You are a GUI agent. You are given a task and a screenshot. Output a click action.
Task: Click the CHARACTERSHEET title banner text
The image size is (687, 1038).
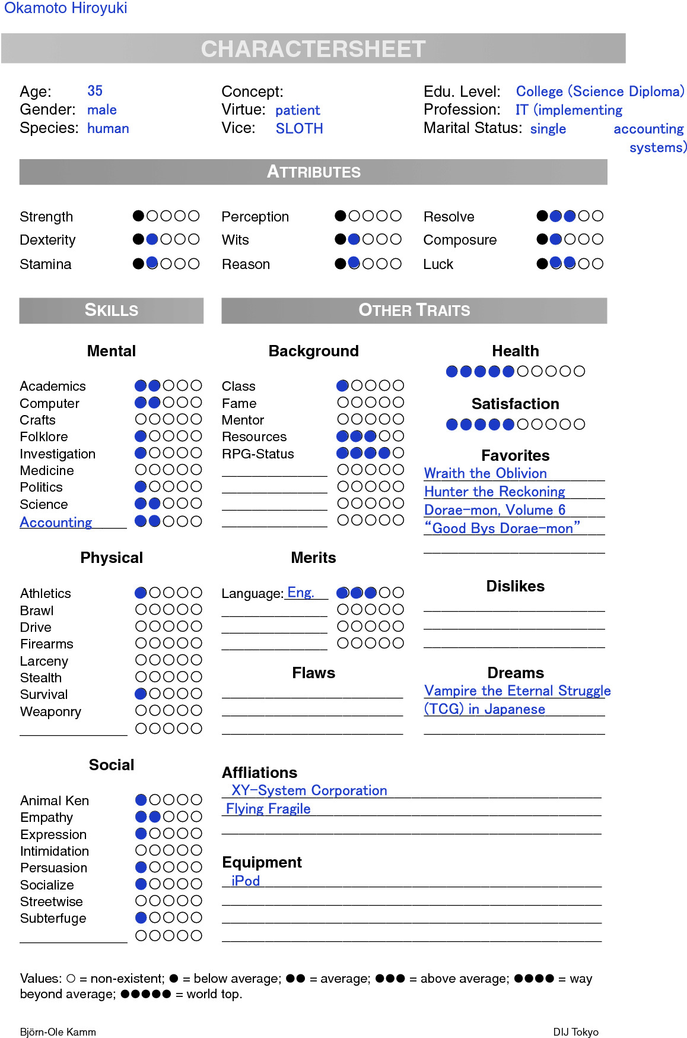pos(313,49)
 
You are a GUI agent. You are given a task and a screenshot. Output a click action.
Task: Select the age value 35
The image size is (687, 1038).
pos(95,91)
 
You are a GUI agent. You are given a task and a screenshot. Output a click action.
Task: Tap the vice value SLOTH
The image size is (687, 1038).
pos(299,128)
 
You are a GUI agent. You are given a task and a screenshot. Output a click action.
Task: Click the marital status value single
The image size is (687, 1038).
pos(548,129)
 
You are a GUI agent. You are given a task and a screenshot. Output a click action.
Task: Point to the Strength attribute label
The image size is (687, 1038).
pos(46,217)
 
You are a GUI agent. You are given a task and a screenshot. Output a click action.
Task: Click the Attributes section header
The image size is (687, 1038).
pos(313,172)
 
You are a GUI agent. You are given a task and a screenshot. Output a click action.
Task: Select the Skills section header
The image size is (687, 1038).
pos(111,310)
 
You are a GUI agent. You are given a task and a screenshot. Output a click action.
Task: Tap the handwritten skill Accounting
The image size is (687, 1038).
pos(56,523)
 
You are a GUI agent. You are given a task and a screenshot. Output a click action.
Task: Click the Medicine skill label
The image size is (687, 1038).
pos(47,470)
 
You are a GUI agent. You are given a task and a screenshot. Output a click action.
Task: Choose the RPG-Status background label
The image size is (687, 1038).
pos(257,454)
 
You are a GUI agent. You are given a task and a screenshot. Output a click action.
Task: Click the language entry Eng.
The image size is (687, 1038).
pos(300,593)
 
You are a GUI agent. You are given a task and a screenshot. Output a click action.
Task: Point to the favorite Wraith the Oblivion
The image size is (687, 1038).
pos(485,473)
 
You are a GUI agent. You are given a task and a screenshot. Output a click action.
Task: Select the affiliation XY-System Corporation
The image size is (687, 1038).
pos(309,790)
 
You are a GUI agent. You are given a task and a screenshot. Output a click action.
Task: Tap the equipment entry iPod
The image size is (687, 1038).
pos(246,881)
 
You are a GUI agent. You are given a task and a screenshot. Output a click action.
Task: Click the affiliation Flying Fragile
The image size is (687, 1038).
pos(268,809)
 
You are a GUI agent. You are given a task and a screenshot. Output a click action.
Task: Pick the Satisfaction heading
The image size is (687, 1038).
pos(515,404)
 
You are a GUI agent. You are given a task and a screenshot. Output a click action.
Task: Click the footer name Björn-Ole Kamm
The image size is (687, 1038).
pos(58,1032)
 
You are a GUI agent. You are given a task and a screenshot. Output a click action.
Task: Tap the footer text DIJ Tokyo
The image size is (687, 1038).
pos(575,1032)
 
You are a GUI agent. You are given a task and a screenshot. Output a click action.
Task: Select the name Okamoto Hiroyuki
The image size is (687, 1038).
pos(65,8)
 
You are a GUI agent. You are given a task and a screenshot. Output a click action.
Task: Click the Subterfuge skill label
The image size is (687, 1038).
pos(53,919)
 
